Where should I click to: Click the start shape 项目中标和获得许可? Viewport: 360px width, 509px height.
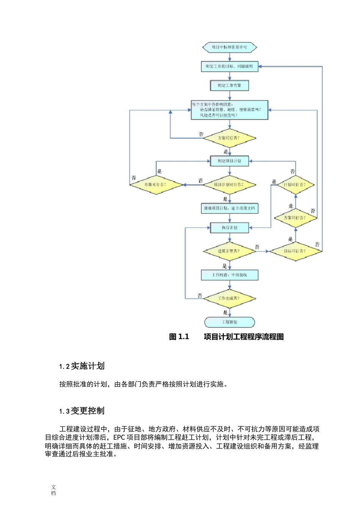[229, 47]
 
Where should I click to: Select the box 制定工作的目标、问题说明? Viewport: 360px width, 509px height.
[229, 66]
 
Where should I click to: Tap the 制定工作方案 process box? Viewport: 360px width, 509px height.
[229, 86]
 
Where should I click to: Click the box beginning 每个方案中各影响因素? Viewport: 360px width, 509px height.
[229, 110]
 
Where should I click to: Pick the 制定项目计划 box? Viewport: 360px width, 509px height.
[229, 161]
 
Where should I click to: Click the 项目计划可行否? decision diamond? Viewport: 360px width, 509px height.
[229, 185]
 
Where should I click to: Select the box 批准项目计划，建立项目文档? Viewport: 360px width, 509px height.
[229, 208]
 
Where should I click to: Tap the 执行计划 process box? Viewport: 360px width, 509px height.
[229, 228]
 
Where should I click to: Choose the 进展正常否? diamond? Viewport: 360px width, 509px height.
[229, 251]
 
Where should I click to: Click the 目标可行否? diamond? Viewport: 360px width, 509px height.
[295, 251]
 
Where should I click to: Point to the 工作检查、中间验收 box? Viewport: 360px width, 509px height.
[229, 275]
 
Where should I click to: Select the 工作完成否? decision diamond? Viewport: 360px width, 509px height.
[229, 298]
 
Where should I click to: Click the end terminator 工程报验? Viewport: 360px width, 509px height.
[229, 322]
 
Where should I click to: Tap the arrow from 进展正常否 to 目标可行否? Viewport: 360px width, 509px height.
[262, 251]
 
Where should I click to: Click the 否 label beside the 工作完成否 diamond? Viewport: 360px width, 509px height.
[200, 295]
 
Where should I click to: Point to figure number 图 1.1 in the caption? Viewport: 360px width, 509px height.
[179, 337]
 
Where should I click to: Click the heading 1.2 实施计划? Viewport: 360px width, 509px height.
[82, 366]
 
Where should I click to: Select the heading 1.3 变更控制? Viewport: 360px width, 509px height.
[82, 411]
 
